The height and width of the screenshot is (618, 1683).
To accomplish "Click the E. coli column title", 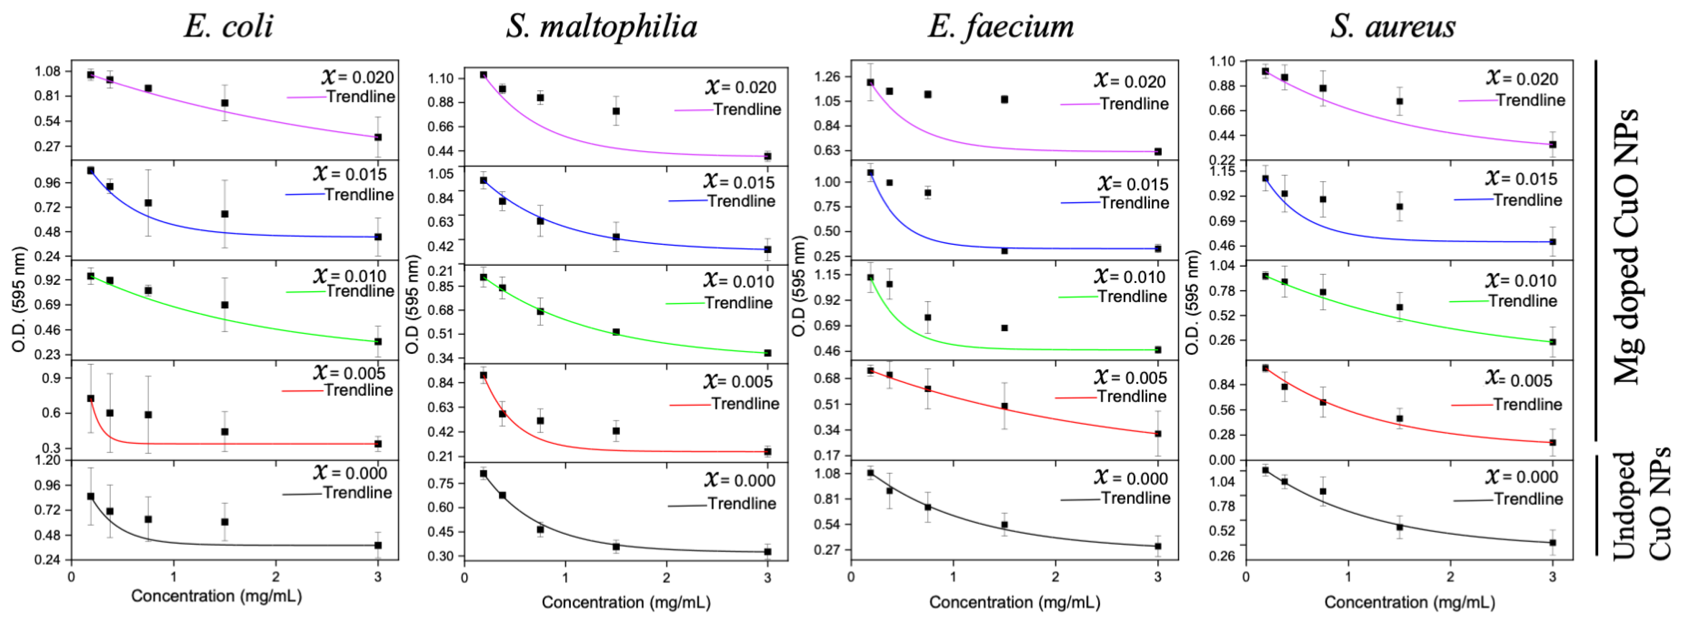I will click(228, 27).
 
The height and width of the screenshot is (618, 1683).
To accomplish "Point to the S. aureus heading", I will click(1393, 27).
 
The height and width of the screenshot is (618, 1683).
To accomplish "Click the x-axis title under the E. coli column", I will click(216, 596).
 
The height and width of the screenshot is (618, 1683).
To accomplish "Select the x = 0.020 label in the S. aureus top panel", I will click(1522, 78).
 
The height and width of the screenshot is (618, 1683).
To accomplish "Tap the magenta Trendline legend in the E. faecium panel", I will click(1134, 104).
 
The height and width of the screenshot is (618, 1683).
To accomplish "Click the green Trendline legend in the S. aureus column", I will click(1522, 301).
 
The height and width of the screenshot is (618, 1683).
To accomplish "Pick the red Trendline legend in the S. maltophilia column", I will click(745, 404).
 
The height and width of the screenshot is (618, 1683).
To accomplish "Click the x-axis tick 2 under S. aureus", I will click(1450, 577).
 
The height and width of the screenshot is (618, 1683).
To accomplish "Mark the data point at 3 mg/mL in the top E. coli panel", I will click(378, 137).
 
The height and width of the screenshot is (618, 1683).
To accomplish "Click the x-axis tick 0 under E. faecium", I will click(851, 577).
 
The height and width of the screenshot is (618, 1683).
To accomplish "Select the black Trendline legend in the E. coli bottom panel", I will click(357, 493).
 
